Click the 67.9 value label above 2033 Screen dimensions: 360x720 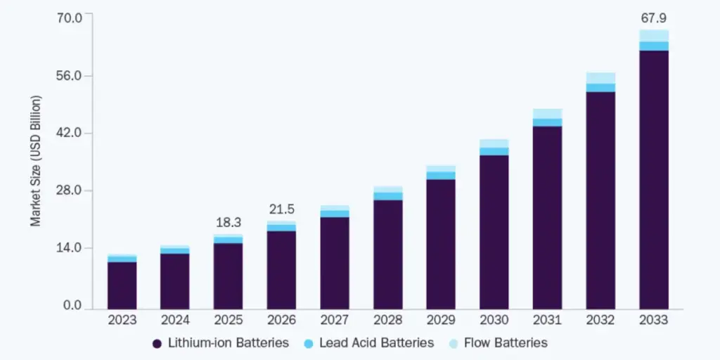(x=653, y=15)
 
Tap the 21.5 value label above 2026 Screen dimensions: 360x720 (x=281, y=209)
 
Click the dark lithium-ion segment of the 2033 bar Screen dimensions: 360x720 (x=653, y=179)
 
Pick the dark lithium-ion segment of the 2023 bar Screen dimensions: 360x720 (x=122, y=285)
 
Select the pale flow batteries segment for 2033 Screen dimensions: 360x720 (x=653, y=36)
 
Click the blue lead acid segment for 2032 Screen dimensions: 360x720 (x=600, y=88)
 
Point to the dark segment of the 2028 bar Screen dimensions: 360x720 (x=387, y=254)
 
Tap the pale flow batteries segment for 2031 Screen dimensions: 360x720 (x=547, y=114)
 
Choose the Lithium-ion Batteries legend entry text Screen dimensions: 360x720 (x=228, y=343)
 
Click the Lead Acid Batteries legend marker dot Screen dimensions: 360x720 (x=309, y=344)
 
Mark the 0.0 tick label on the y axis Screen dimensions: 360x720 (x=72, y=306)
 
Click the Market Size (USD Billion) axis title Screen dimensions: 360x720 (x=36, y=160)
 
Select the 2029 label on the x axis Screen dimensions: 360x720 (x=441, y=320)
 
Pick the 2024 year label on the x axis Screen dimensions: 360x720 (x=174, y=320)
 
